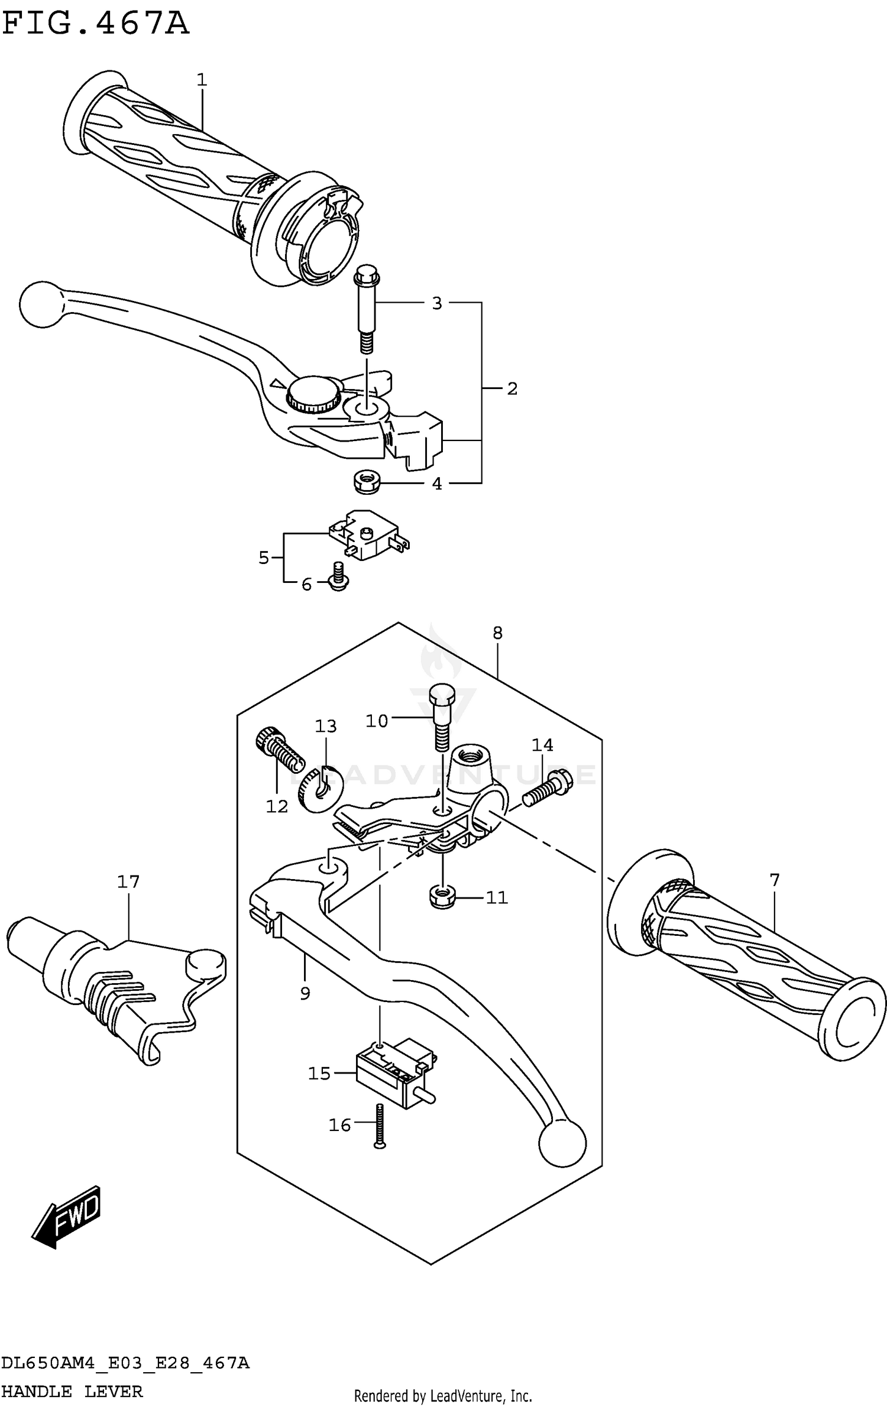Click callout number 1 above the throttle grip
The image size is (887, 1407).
tap(202, 79)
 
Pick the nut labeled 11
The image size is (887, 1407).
tap(441, 897)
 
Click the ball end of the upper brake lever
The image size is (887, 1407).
tap(41, 304)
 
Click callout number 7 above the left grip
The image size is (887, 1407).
tap(775, 880)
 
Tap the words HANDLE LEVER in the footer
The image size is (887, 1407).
tap(72, 1391)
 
